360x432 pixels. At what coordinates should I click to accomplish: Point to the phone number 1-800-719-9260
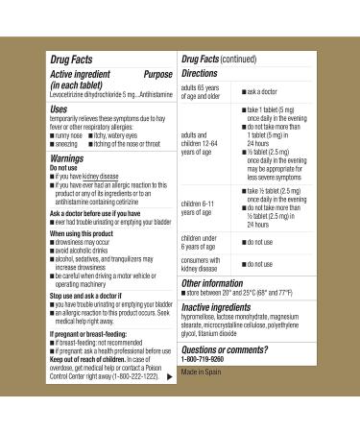pyautogui.click(x=211, y=363)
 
